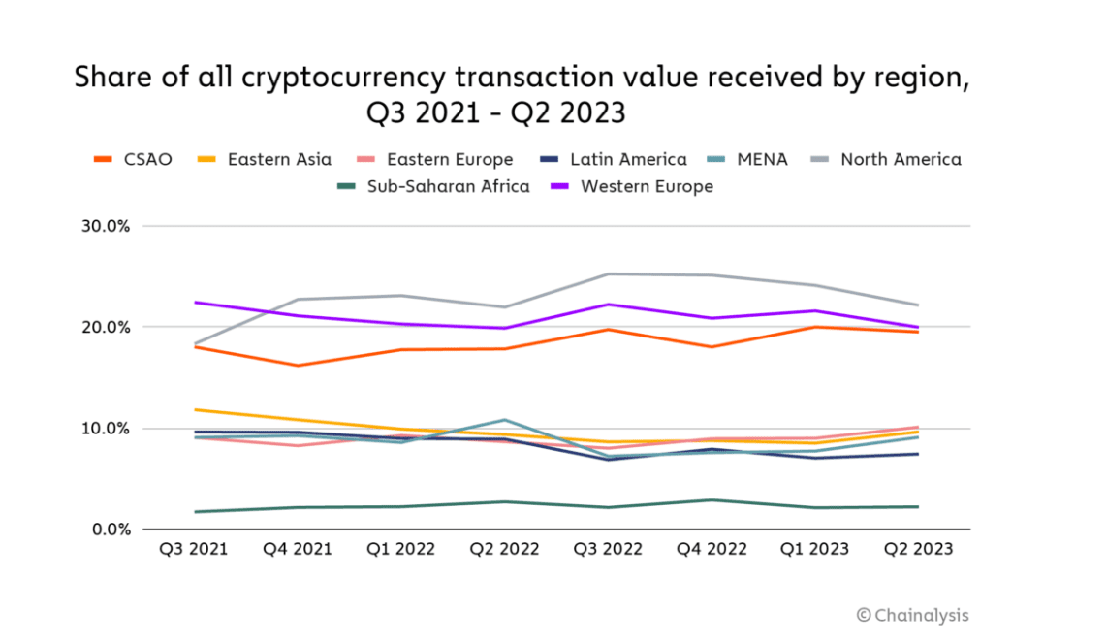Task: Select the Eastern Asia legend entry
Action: coord(266,160)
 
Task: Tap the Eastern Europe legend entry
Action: coord(435,160)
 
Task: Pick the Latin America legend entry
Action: coord(615,160)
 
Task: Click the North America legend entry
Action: coord(887,160)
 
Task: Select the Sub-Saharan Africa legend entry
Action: coord(432,186)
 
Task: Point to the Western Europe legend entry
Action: coord(632,186)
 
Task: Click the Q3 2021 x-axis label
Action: coord(194,549)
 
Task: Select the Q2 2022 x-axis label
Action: coord(504,549)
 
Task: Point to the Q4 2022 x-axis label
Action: coord(712,549)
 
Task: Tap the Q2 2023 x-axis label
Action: coord(918,549)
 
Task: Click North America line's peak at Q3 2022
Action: coord(608,273)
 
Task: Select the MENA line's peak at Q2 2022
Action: coord(504,420)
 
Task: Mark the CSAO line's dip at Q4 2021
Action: coord(298,366)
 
